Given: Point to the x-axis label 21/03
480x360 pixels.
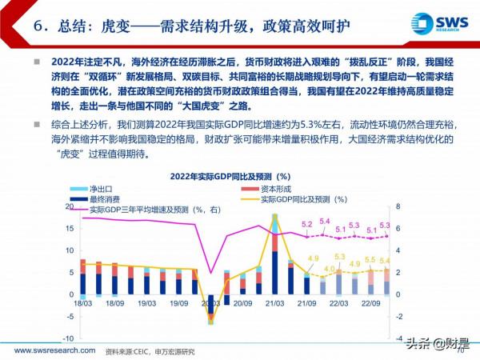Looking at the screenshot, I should tap(274, 305).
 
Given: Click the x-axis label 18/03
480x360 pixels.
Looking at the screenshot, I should tap(82, 305).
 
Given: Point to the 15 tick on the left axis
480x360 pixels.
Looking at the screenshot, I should tap(70, 228).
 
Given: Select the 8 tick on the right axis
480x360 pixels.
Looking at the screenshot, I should tap(398, 206).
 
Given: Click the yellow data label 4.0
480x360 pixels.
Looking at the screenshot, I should tap(328, 269).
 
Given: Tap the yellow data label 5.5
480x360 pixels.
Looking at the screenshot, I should tap(370, 260).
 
